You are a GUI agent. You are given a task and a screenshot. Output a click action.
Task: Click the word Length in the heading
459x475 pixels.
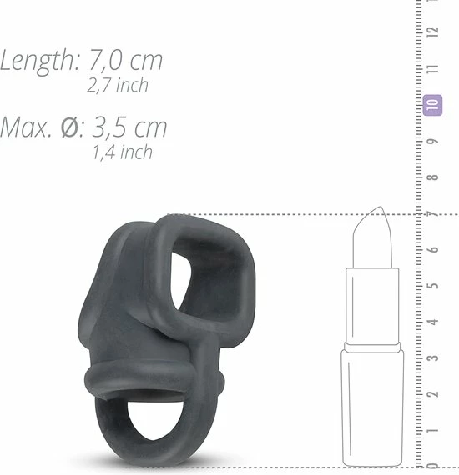pyautogui.click(x=39, y=61)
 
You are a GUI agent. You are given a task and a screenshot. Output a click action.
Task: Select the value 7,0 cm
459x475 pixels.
pyautogui.click(x=126, y=61)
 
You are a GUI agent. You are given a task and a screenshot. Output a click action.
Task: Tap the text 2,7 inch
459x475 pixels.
pyautogui.click(x=118, y=85)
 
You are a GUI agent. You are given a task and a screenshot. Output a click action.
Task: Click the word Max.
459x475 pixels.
pyautogui.click(x=26, y=127)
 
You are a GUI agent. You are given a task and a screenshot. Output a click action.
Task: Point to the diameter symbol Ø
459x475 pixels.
pyautogui.click(x=71, y=127)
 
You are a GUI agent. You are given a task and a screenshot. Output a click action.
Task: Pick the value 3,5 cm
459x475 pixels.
pyautogui.click(x=129, y=127)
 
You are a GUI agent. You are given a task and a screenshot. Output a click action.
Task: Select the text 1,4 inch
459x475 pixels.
pyautogui.click(x=123, y=152)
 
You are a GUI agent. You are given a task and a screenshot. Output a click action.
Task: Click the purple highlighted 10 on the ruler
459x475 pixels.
pyautogui.click(x=432, y=105)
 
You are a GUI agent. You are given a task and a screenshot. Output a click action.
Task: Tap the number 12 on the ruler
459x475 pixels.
pyautogui.click(x=433, y=31)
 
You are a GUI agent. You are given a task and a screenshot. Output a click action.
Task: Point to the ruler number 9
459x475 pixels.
pyautogui.click(x=433, y=142)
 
